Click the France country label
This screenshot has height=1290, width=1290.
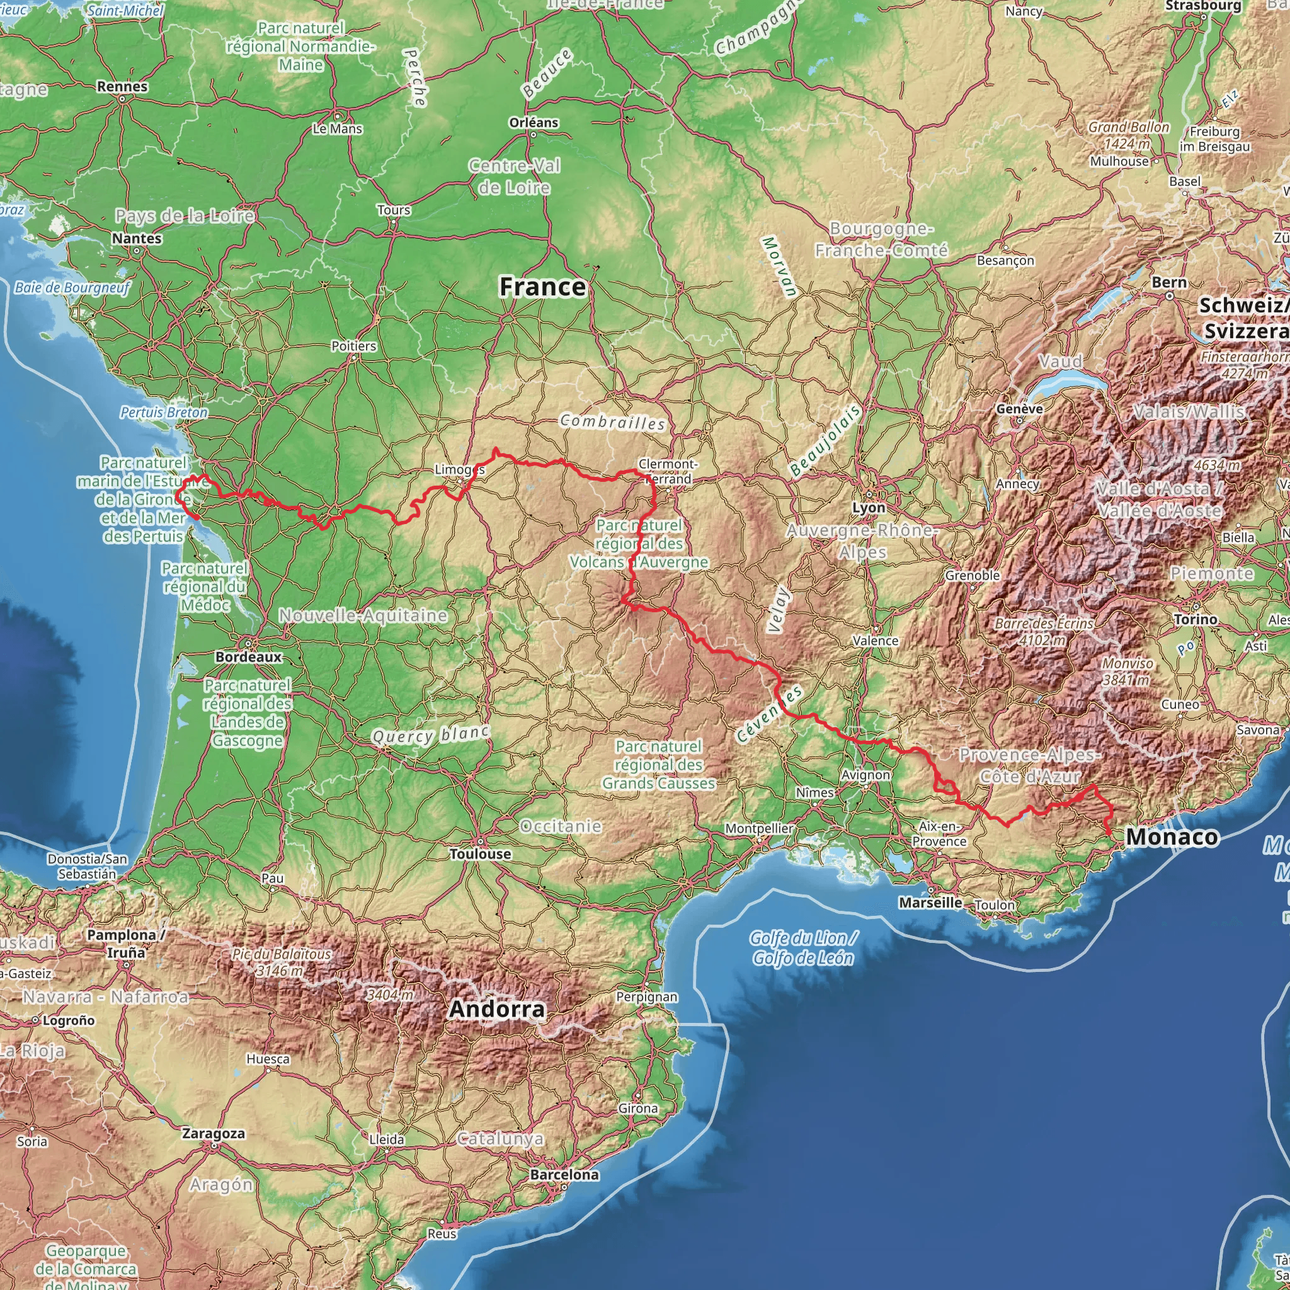(x=542, y=287)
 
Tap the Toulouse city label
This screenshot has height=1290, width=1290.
(x=480, y=854)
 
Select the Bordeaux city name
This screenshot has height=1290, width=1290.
(x=248, y=657)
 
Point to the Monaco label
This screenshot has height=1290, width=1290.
(x=1172, y=837)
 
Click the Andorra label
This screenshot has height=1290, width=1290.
(x=497, y=1009)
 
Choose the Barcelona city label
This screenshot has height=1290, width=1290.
(x=564, y=1175)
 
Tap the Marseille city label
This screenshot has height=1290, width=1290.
(x=930, y=903)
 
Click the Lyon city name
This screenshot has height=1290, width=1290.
(x=869, y=508)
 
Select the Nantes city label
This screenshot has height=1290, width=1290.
(x=137, y=238)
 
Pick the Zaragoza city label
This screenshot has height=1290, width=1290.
(x=214, y=1134)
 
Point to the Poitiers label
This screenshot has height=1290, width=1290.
(x=354, y=346)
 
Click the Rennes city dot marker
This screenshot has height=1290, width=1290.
(x=123, y=98)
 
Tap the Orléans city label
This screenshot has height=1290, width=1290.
(x=534, y=123)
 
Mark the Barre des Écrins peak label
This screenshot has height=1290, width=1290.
(x=1044, y=631)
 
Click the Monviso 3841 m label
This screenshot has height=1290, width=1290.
(x=1127, y=671)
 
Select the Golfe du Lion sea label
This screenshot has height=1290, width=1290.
(x=802, y=948)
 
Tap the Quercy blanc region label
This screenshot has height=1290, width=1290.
(x=431, y=734)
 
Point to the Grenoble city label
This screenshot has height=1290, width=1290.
(x=972, y=576)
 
